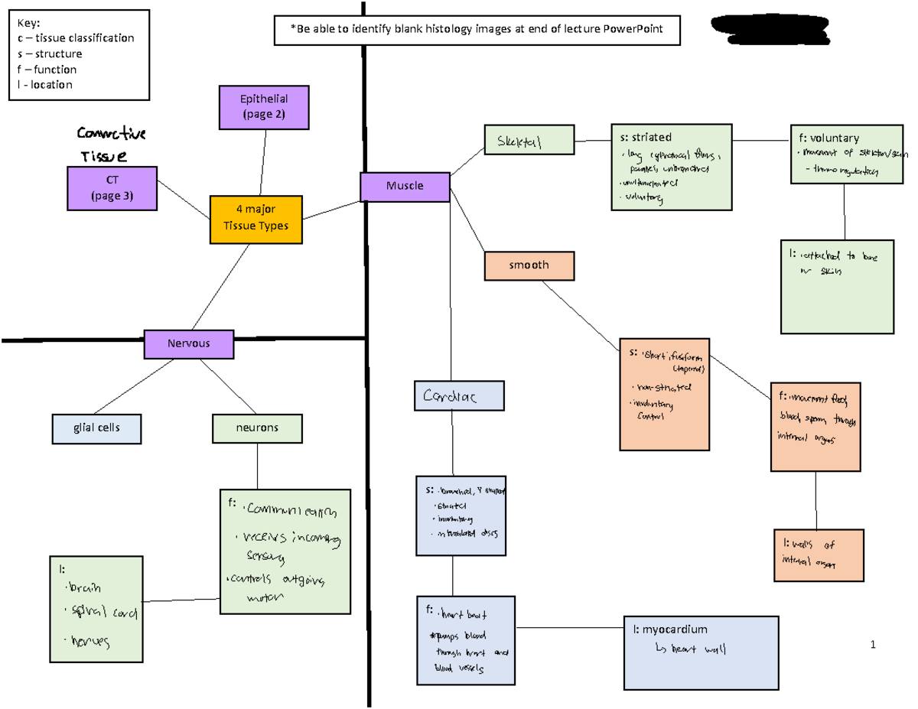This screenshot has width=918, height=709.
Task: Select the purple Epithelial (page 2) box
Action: (x=264, y=107)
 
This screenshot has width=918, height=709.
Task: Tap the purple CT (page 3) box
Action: (x=112, y=189)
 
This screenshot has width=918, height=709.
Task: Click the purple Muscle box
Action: (x=405, y=187)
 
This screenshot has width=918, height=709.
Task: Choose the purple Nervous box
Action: (x=189, y=344)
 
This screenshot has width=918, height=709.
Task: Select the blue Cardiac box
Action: (x=459, y=396)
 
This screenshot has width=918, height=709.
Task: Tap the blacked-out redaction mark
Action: (x=769, y=30)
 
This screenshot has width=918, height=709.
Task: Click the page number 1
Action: (x=873, y=645)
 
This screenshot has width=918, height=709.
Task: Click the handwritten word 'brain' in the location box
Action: (x=85, y=588)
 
